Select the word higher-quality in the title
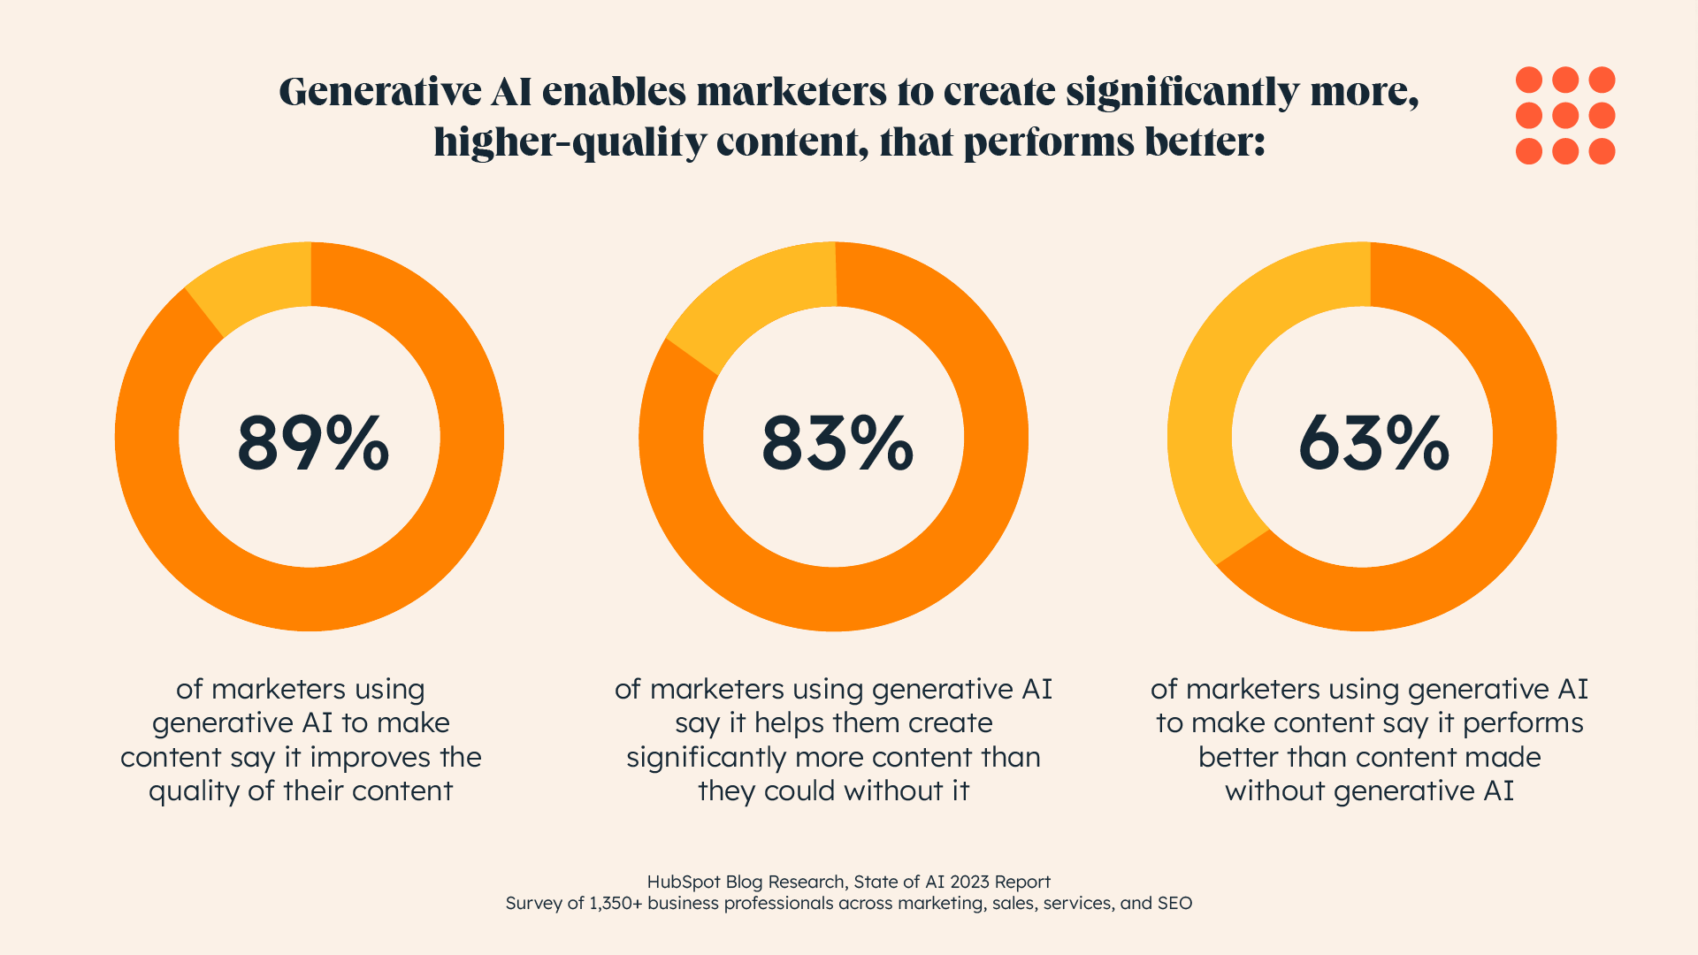point(570,143)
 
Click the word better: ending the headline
point(1205,143)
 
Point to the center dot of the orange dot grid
point(1565,116)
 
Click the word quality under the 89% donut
point(195,791)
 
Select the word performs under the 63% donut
point(1523,723)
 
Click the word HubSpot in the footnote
point(684,882)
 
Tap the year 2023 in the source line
point(969,882)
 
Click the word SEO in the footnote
point(1174,903)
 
